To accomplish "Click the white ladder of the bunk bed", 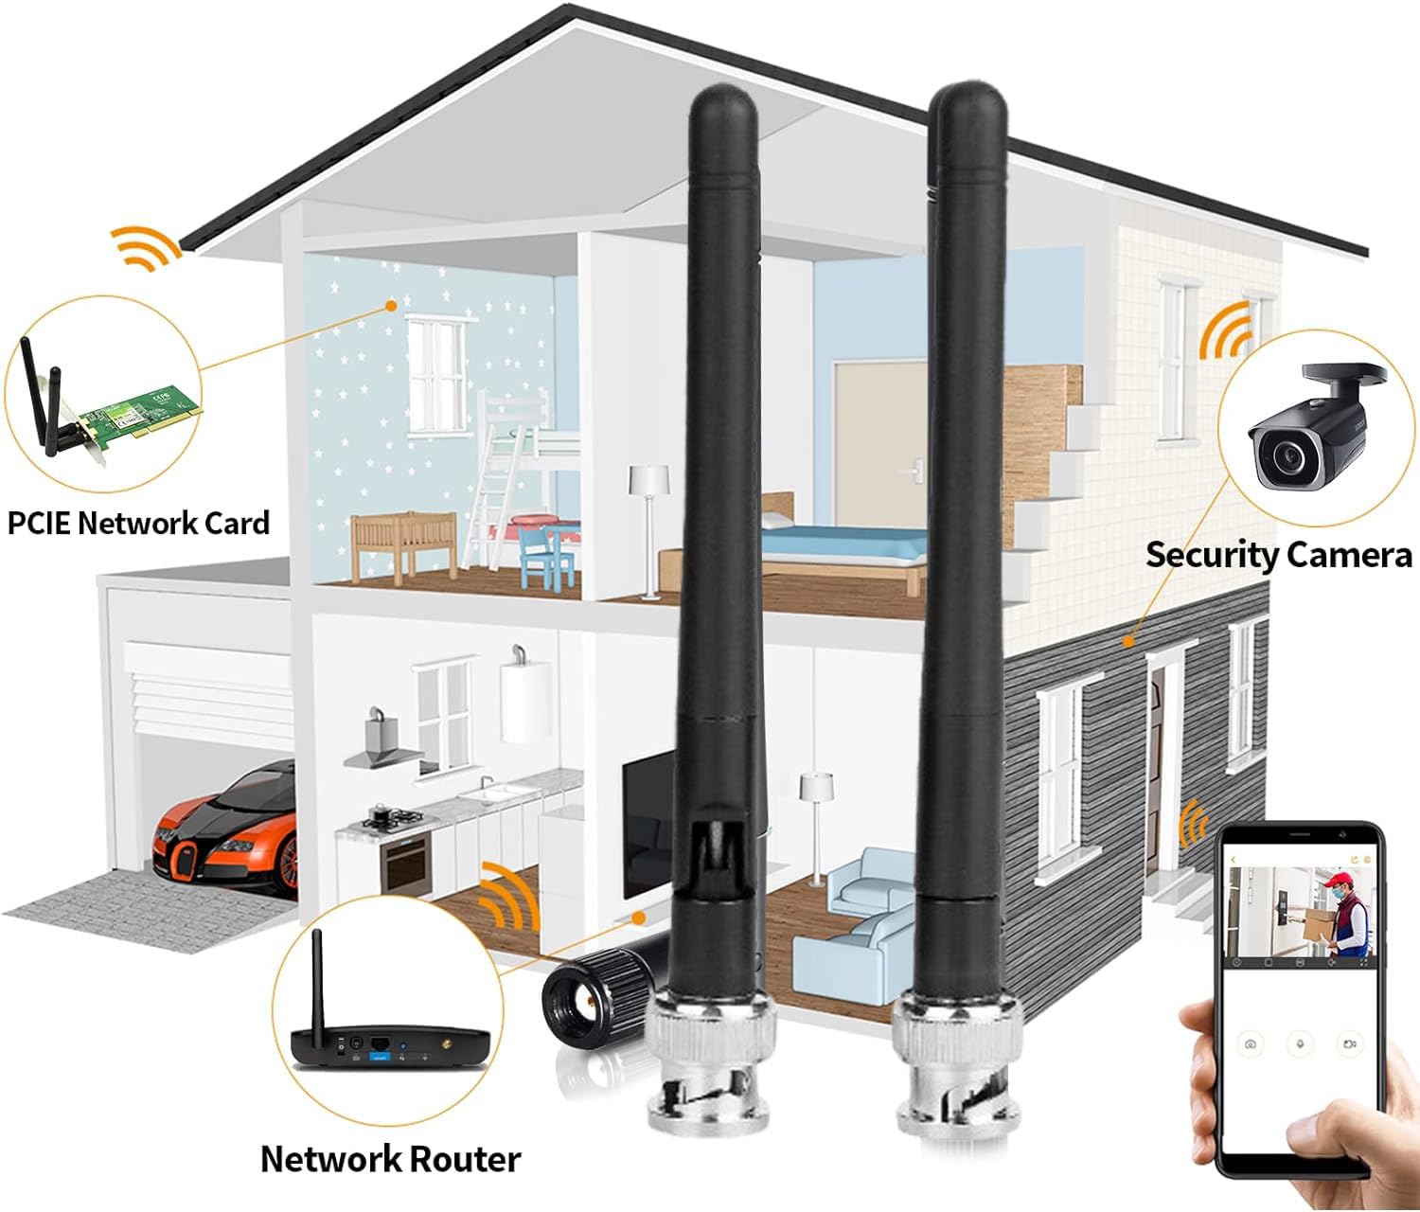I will [x=492, y=497].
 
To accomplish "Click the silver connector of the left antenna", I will [x=710, y=1060].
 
